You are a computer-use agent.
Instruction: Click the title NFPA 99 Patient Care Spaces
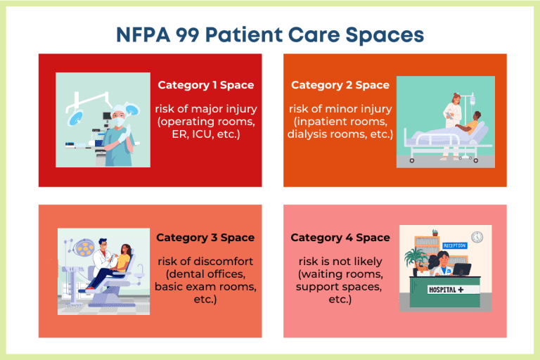pyautogui.click(x=269, y=34)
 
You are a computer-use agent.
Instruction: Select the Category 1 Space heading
pyautogui.click(x=205, y=85)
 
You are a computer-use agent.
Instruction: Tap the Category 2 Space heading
pyautogui.click(x=340, y=85)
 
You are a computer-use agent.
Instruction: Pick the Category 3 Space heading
pyautogui.click(x=205, y=238)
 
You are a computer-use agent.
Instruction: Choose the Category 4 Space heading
pyautogui.click(x=340, y=238)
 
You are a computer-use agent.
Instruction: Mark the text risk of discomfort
pyautogui.click(x=205, y=262)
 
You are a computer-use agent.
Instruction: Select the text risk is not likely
pyautogui.click(x=340, y=262)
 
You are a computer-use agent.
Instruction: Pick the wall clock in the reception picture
pyautogui.click(x=477, y=237)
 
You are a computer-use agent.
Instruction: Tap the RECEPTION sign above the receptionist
pyautogui.click(x=454, y=245)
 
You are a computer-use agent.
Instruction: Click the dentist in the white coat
pyautogui.click(x=103, y=257)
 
